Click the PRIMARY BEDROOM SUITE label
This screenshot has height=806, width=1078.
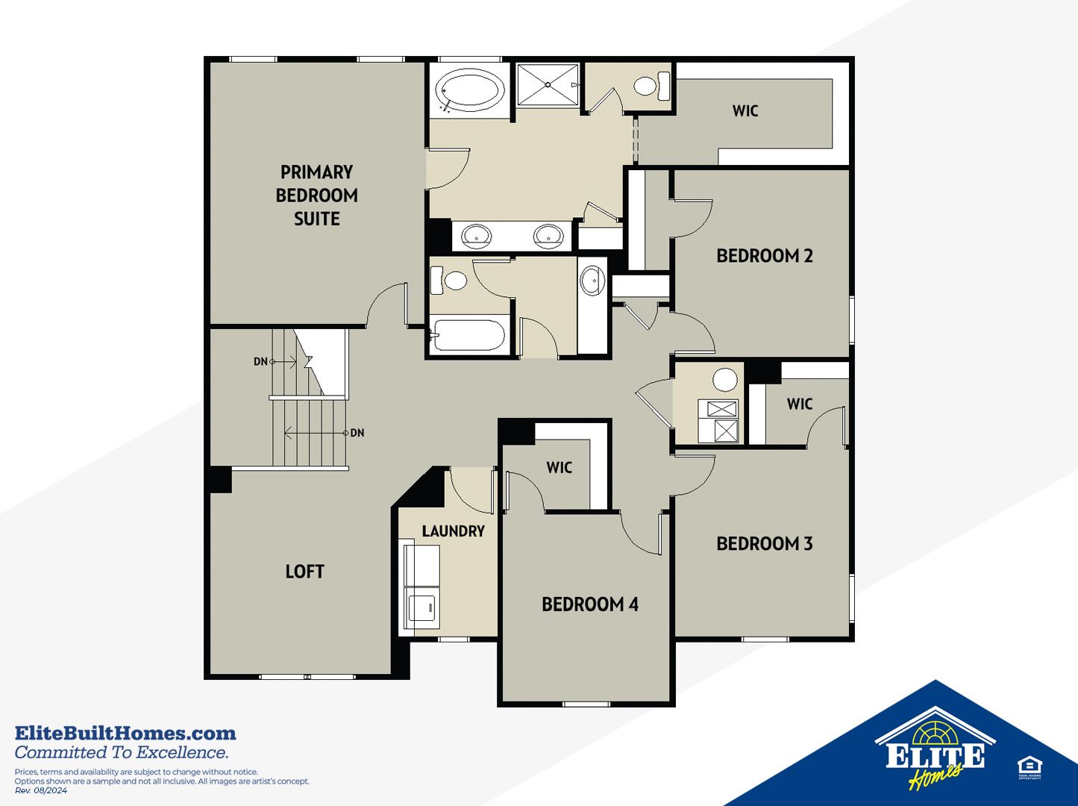coord(317,195)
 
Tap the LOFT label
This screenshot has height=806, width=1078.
coord(305,571)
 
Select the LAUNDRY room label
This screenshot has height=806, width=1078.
coord(454,531)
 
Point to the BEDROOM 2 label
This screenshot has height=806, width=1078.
coord(765,255)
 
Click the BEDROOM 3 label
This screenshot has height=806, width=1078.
coord(765,543)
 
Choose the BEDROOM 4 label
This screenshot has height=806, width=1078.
coord(590,604)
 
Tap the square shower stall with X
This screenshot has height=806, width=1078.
coord(548,84)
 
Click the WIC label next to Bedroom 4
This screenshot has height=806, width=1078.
coord(560,467)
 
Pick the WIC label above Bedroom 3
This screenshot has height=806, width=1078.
coord(800,404)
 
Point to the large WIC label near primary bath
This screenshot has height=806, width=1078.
coord(745,110)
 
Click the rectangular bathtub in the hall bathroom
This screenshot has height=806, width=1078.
coord(468,336)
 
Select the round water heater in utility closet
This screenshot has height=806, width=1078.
coord(725,380)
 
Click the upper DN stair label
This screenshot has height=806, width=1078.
coord(260,361)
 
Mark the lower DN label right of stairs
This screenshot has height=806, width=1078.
coord(357,433)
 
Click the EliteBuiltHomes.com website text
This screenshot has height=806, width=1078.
coord(125,734)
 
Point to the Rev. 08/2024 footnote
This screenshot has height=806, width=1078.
coord(41,790)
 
